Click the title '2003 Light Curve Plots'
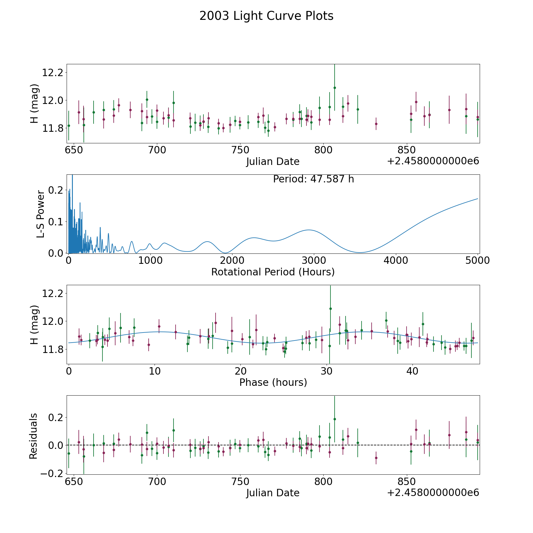coord(266,16)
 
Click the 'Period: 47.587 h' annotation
coord(313,179)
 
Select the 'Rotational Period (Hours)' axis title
coord(273,272)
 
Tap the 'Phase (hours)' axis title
coord(273,382)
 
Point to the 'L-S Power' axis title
coord(41,214)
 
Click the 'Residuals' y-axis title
coord(33,436)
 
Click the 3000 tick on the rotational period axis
coord(314,261)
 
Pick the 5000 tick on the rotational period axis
coord(477,261)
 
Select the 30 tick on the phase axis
coord(327,371)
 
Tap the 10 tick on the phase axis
coord(155,371)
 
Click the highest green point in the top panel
coord(335,88)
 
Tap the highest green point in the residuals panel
coord(335,419)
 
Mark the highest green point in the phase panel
coord(330,309)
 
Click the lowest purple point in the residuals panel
coord(376,458)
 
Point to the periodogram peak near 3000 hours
coord(309,230)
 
